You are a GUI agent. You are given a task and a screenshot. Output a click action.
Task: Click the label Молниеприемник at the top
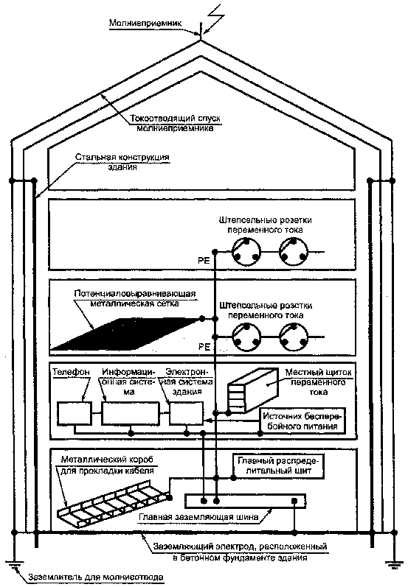[x=145, y=24]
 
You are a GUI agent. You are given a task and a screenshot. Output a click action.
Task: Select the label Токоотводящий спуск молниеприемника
[x=176, y=123]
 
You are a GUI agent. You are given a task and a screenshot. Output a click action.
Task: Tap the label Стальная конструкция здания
[x=122, y=162]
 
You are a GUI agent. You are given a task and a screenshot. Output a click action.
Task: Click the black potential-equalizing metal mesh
[x=125, y=334]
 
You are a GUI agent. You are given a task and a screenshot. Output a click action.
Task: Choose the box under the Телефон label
[x=75, y=413]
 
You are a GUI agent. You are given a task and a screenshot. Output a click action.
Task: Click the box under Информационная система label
[x=131, y=413]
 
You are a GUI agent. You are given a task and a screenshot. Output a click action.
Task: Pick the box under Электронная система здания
[x=187, y=413]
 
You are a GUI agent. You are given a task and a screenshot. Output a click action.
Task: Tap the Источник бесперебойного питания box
[x=303, y=421]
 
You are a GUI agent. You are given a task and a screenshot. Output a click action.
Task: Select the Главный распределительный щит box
[x=278, y=465]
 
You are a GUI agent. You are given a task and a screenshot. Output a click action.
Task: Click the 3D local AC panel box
[x=254, y=390]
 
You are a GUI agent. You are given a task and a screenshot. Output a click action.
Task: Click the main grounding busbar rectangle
[x=246, y=501]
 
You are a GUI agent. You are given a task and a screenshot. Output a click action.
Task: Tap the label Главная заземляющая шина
[x=198, y=517]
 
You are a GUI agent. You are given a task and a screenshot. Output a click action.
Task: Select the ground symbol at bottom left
[x=14, y=566]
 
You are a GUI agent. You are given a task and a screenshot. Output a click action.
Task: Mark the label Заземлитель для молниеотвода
[x=96, y=577]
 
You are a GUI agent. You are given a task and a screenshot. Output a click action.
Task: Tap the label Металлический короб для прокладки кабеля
[x=107, y=464]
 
